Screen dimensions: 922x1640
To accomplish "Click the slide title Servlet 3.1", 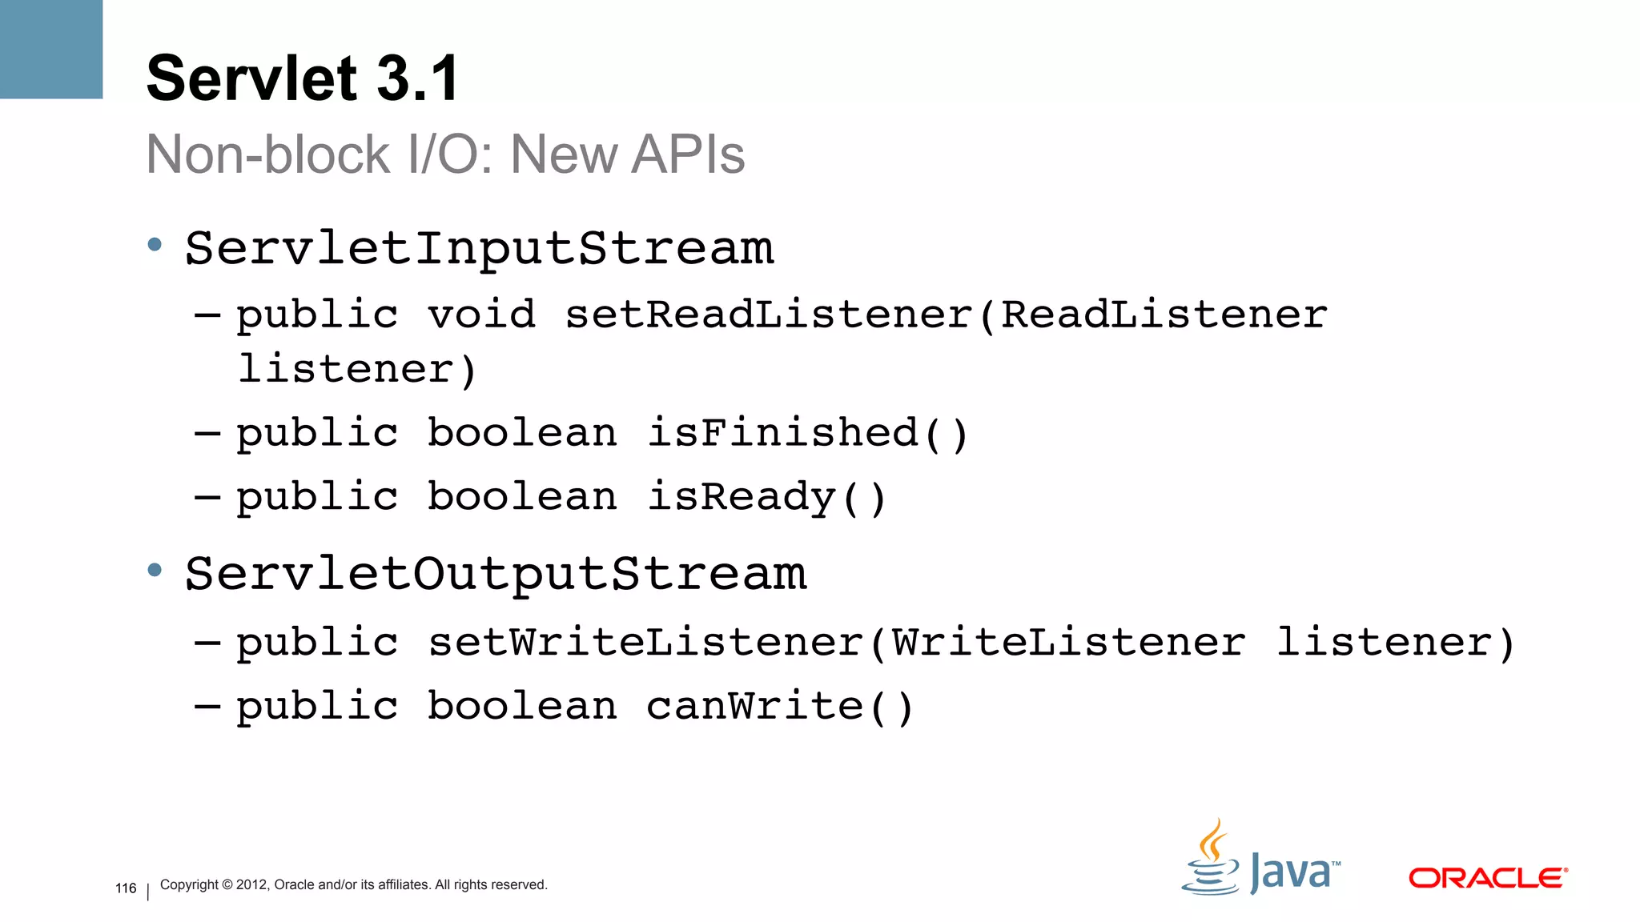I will pos(303,78).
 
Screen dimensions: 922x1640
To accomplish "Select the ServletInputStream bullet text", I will pos(479,248).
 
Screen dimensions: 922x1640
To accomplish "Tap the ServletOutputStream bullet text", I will pos(496,574).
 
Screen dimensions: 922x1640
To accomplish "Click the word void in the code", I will pos(481,314).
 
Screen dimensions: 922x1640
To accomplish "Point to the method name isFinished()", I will pos(807,433).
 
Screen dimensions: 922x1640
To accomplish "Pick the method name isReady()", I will pos(766,497).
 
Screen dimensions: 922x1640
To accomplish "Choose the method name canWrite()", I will pos(779,707).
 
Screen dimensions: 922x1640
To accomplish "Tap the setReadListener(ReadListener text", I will pos(946,314).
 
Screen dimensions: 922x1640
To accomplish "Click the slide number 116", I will pos(126,888).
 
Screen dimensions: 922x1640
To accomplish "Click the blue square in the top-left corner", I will pos(51,49).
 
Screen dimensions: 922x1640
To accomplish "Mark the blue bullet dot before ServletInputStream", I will pos(155,245).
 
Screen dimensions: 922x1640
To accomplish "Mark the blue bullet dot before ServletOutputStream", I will pos(155,571).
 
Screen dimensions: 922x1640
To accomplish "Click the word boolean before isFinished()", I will pos(522,433).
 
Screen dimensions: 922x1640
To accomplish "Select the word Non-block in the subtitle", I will pos(268,154).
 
